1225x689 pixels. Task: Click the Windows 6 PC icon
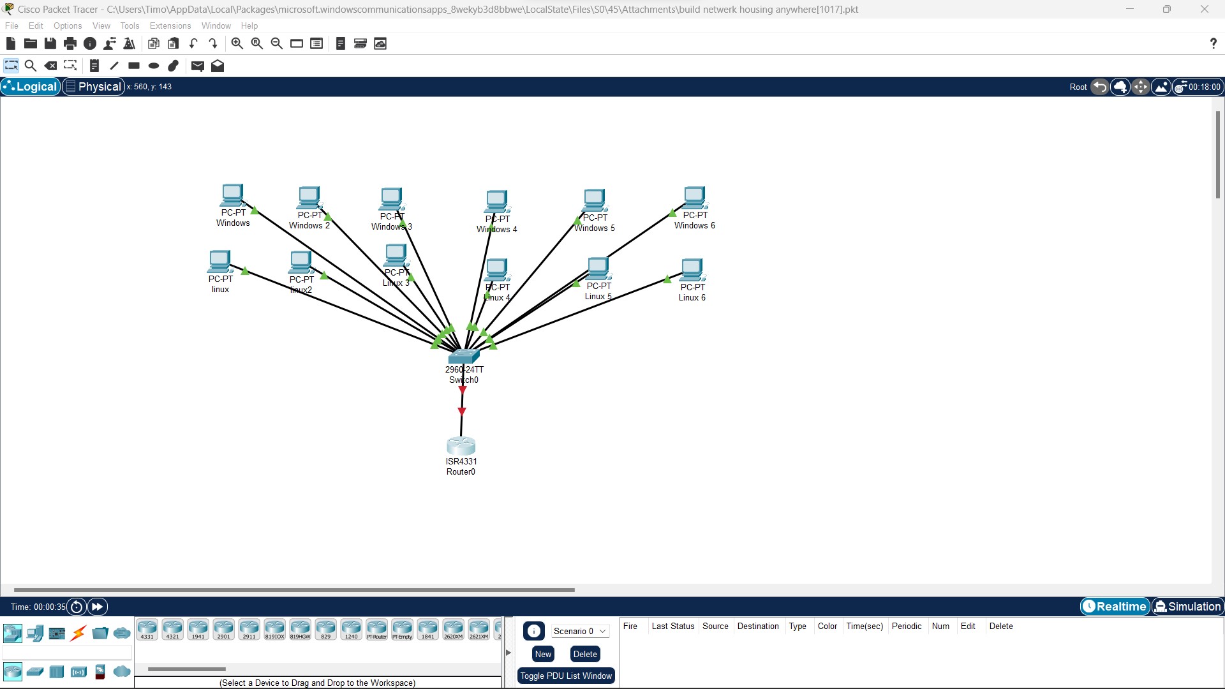tap(694, 197)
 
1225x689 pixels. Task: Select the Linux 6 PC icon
tap(692, 269)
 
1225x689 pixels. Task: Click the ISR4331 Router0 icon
tap(461, 445)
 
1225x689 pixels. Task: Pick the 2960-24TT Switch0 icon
tap(464, 356)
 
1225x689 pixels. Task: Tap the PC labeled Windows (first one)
tap(233, 195)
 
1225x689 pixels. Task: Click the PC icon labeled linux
tap(219, 262)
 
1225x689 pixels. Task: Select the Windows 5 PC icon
tap(594, 200)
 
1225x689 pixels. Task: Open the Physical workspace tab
tap(94, 87)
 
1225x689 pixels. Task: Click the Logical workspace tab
tap(31, 87)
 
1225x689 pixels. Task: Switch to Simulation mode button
tap(1187, 607)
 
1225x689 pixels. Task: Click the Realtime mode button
tap(1115, 607)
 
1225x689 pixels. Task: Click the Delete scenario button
tap(584, 654)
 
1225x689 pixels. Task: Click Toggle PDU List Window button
tap(566, 676)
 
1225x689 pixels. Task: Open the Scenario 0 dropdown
tap(579, 631)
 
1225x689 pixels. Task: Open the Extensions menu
tap(170, 26)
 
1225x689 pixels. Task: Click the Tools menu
tap(130, 26)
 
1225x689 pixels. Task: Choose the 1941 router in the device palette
tap(198, 629)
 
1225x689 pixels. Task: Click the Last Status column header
tap(672, 626)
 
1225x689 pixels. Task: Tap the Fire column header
tap(630, 626)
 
